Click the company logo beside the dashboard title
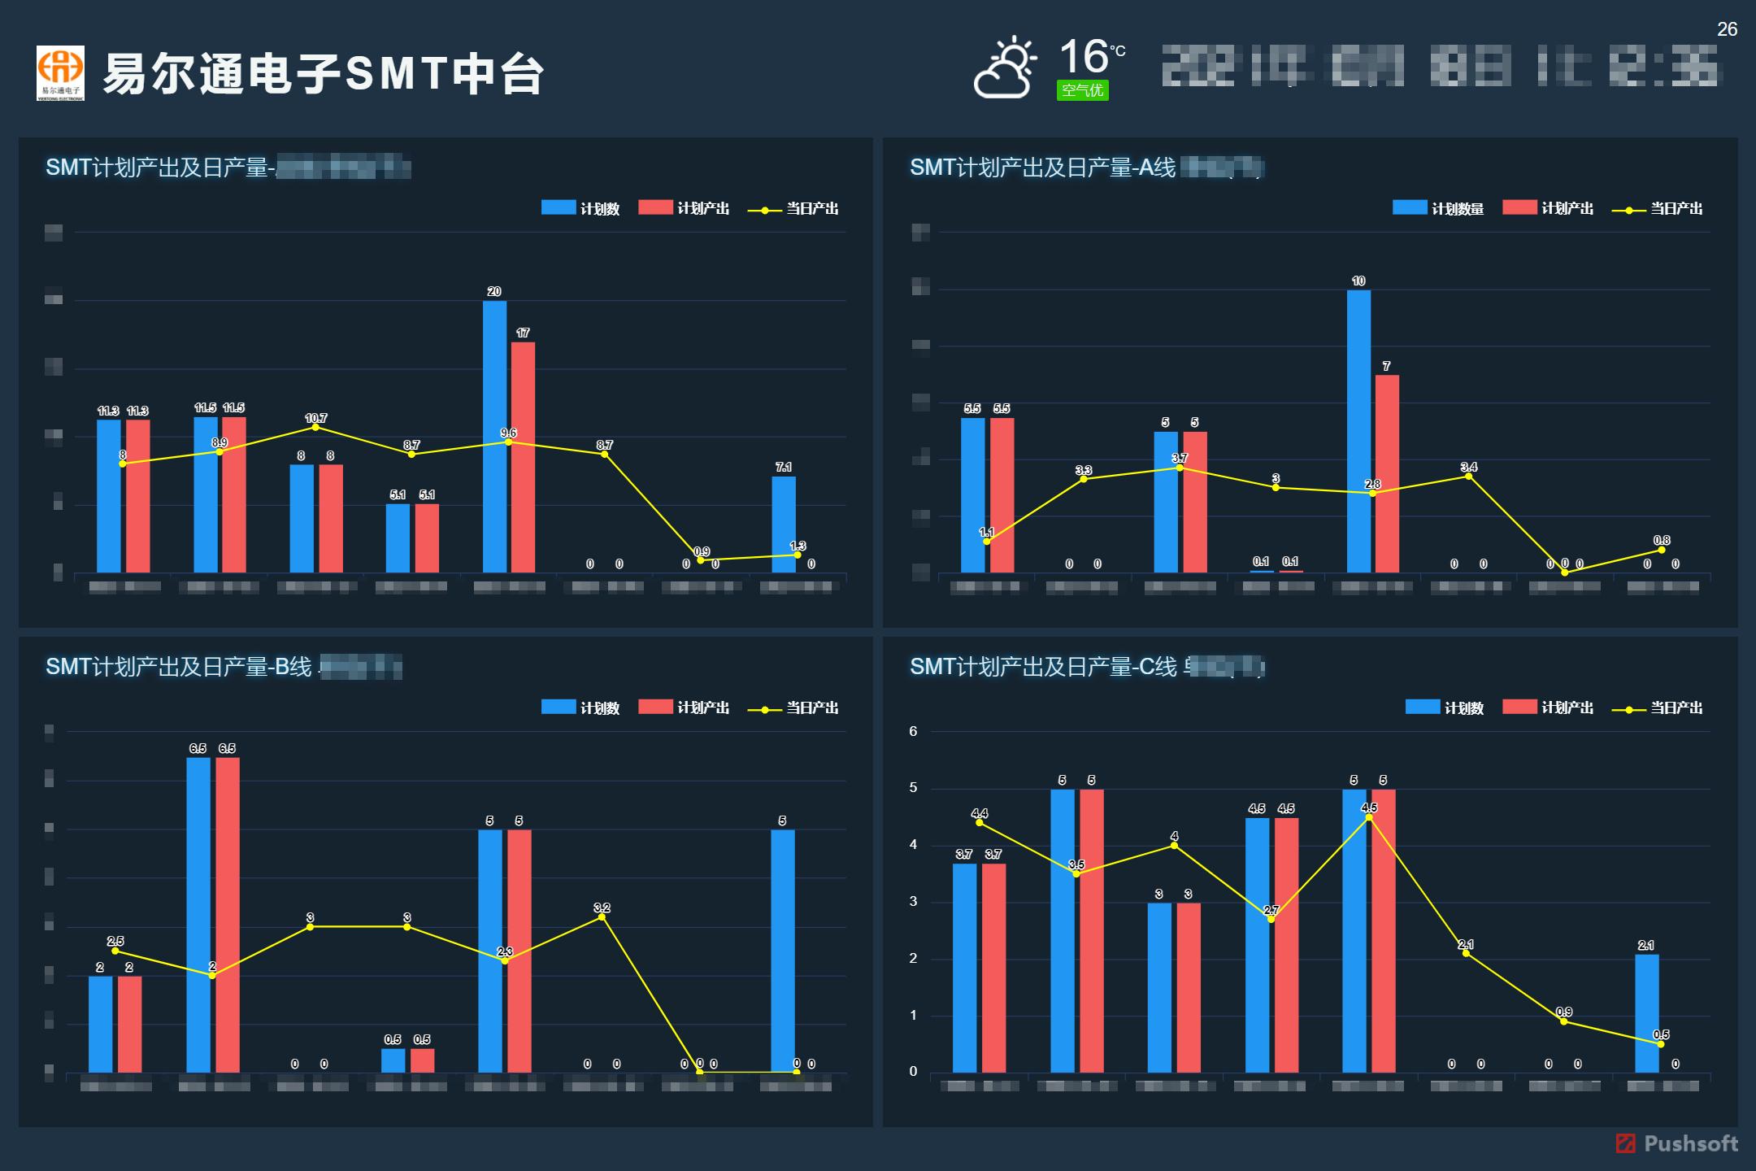[60, 73]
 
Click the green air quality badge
[1082, 90]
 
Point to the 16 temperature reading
[1084, 56]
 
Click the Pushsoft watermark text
[1690, 1143]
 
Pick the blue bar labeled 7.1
[784, 525]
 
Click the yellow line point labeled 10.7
[315, 427]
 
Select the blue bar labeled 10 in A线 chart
[1358, 431]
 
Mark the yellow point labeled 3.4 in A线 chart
[1468, 476]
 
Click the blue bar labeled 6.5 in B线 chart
[198, 915]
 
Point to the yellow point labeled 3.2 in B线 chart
[602, 916]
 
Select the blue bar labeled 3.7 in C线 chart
[964, 968]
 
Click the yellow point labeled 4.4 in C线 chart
[979, 822]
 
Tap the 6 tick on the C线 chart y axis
[913, 731]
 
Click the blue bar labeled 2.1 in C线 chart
[1646, 1013]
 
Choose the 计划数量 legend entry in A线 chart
[1439, 208]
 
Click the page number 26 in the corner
[1727, 29]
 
